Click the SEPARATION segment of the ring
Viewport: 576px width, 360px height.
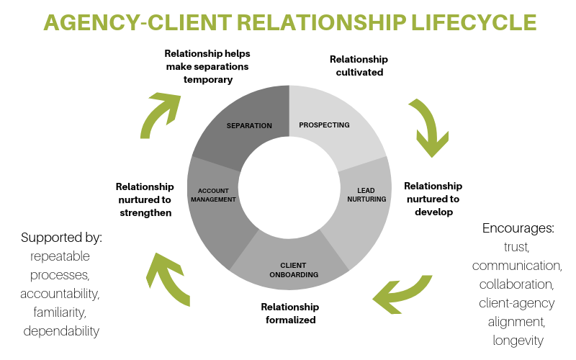[248, 125]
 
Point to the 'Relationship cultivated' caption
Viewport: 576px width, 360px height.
[358, 66]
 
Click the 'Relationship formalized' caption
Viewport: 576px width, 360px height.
[289, 313]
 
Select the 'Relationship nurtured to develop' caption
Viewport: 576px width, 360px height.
[433, 199]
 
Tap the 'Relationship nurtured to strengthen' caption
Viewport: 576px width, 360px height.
[145, 199]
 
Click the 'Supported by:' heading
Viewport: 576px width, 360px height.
[62, 237]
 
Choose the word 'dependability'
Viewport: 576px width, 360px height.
[62, 331]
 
